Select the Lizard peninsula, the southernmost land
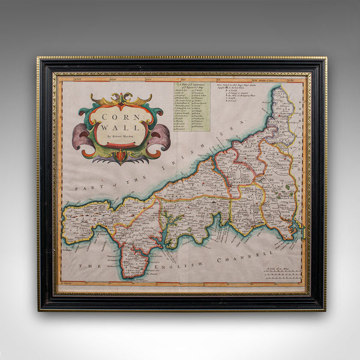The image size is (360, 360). (x=133, y=268)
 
